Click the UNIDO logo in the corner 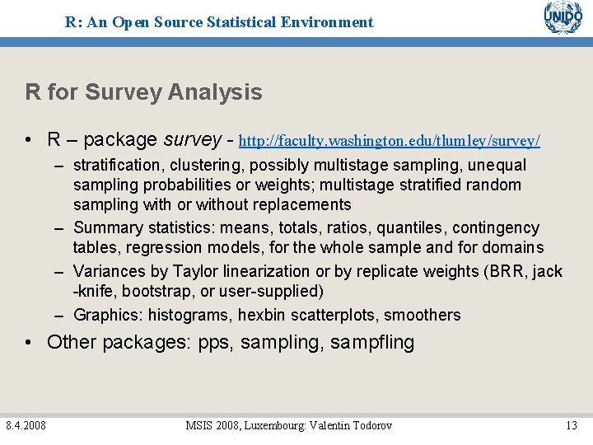(563, 18)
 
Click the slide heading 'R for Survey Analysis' (143, 92)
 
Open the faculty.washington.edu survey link (389, 141)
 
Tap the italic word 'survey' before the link (193, 139)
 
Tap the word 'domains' (511, 247)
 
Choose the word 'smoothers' (423, 315)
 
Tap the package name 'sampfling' (372, 343)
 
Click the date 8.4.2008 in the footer (26, 425)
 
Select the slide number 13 (572, 425)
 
